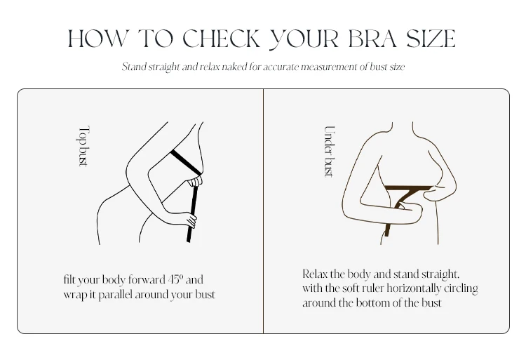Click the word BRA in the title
point(372,39)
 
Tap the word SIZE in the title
point(431,39)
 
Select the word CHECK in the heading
point(222,39)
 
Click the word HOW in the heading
point(98,39)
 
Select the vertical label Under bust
point(330,152)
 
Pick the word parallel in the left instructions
point(115,295)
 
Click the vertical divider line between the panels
point(263,211)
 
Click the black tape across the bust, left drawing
point(186,163)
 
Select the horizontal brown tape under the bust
point(409,187)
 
